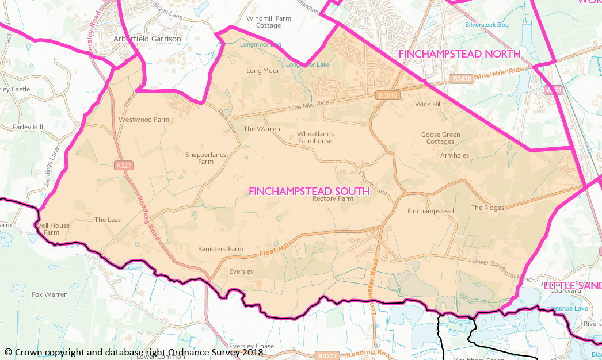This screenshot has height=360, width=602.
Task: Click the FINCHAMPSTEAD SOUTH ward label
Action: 308,192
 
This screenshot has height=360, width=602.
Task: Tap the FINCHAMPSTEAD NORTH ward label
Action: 459,53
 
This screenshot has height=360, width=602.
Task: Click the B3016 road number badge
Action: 388,95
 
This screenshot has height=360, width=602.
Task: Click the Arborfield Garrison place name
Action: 147,39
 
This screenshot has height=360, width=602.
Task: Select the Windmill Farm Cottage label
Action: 269,22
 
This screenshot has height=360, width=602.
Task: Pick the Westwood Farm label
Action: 144,120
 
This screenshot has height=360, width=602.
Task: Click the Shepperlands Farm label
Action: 206,158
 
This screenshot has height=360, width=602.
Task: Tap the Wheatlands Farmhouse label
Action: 315,137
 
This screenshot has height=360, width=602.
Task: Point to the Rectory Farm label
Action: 333,199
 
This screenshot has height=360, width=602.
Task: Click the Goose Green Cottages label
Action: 441,138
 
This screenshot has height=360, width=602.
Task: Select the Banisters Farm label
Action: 220,249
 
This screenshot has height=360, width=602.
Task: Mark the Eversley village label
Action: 241,271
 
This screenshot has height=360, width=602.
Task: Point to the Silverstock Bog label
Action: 487,25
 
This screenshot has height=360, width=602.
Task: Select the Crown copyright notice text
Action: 134,352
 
